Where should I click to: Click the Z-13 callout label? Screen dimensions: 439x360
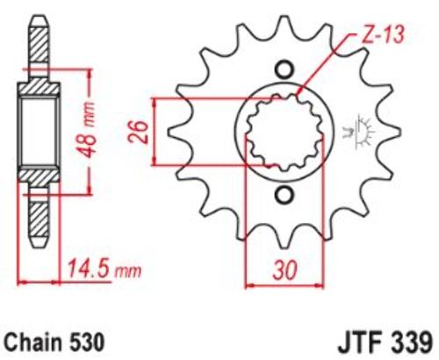pyautogui.click(x=381, y=35)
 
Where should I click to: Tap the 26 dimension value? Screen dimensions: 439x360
pyautogui.click(x=138, y=132)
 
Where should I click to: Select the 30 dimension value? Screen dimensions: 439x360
pyautogui.click(x=284, y=270)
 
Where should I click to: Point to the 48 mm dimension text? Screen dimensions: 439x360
pyautogui.click(x=86, y=129)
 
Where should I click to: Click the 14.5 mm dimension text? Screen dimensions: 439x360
pyautogui.click(x=104, y=269)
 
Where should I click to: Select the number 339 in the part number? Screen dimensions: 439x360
pyautogui.click(x=413, y=342)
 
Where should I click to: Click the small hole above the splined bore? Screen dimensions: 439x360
pyautogui.click(x=284, y=69)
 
